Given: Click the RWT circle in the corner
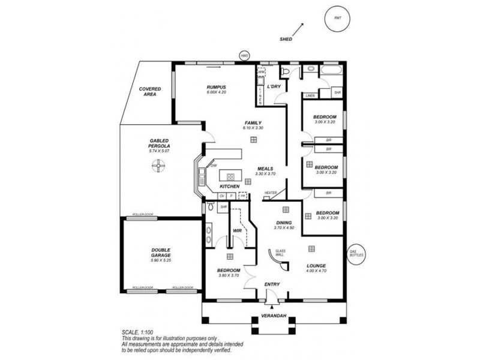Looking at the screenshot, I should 336,19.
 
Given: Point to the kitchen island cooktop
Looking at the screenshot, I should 230,177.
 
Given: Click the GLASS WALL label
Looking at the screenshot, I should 280,253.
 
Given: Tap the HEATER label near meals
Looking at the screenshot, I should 271,193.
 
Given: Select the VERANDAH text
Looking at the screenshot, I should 272,316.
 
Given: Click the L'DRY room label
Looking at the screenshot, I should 274,87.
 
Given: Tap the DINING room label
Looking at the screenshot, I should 284,222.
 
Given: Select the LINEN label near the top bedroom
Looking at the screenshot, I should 310,95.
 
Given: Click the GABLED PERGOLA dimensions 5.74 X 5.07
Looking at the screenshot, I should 159,151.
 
